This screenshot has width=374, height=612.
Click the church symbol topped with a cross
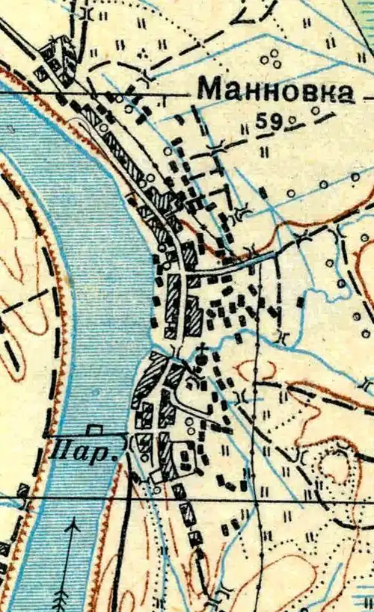click(201, 358)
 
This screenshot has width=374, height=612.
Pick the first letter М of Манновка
click(210, 90)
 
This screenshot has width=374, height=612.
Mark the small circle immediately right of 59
click(292, 120)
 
